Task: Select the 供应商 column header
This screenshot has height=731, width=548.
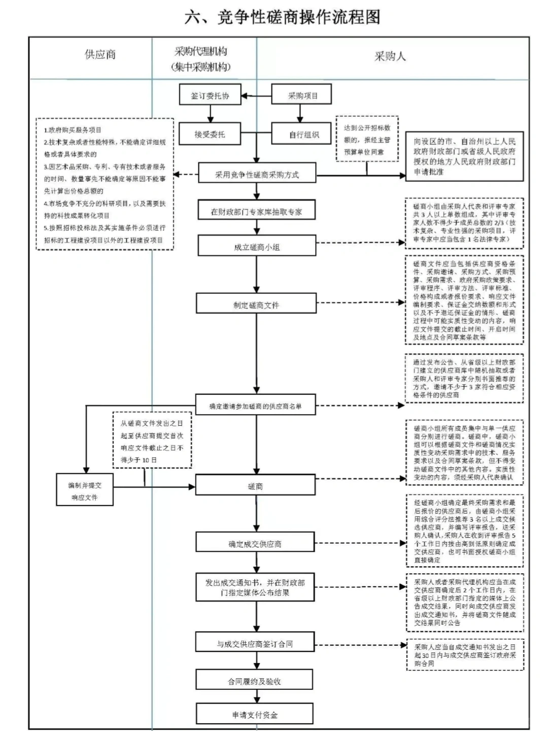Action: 100,54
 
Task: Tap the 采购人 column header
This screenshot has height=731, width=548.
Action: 390,56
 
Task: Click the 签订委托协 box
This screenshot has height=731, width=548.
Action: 210,95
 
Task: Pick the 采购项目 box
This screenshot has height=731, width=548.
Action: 302,95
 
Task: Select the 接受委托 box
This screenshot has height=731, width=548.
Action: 209,134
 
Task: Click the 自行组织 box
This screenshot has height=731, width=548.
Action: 303,134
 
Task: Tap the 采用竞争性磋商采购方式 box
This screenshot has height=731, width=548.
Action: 257,175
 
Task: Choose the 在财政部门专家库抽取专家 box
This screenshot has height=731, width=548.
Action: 256,211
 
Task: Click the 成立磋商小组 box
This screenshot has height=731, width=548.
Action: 256,247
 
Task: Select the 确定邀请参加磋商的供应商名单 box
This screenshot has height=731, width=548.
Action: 255,406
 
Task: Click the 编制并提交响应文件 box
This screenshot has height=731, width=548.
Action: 84,491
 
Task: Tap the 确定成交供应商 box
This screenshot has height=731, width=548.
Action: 255,544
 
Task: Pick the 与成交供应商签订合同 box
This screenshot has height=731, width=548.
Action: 255,643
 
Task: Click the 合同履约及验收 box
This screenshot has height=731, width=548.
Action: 254,681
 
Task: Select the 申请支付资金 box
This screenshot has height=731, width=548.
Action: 254,714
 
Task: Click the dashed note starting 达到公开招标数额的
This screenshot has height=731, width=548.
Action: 367,139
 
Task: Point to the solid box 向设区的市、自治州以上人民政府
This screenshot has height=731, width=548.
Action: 464,156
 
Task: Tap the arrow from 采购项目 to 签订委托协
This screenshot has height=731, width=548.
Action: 256,95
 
